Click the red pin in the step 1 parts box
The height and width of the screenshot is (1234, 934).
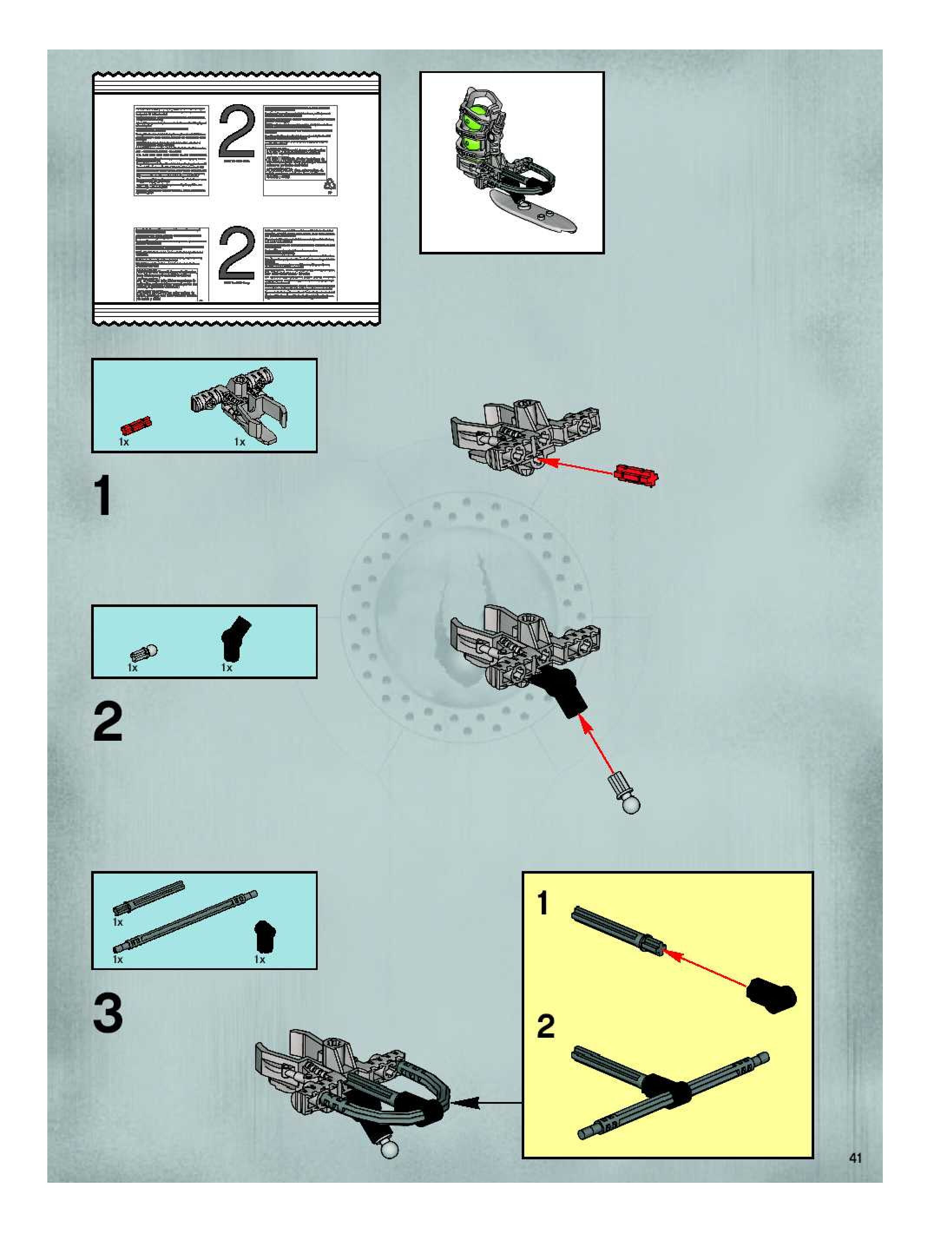pos(136,426)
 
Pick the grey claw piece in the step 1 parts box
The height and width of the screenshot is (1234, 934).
pos(240,403)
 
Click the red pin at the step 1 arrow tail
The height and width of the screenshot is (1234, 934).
pos(636,476)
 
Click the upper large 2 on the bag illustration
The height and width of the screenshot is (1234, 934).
pos(237,132)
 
